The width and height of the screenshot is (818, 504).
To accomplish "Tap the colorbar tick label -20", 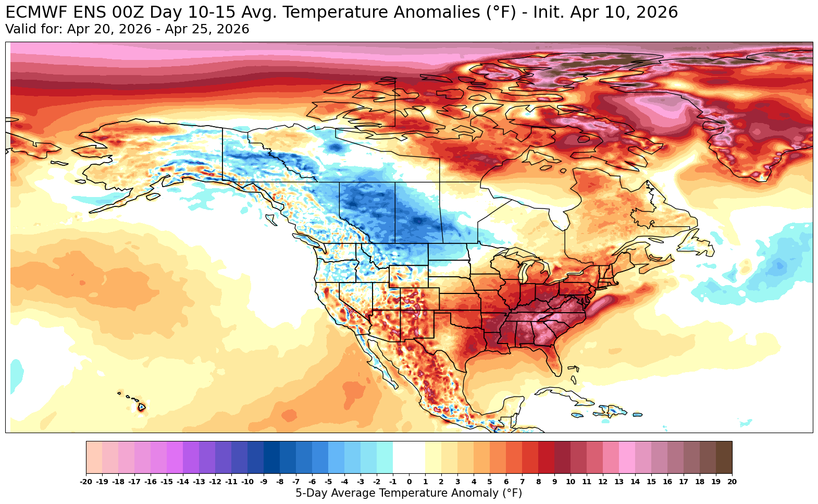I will (x=86, y=482).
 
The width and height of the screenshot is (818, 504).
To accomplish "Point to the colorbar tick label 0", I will (x=409, y=482).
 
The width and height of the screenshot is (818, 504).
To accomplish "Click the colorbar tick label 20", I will (x=732, y=482).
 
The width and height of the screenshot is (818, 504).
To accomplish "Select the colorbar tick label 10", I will (x=571, y=482).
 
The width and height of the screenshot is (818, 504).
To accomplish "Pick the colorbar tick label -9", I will (x=264, y=482).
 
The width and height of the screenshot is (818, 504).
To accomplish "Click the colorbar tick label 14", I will (x=635, y=482).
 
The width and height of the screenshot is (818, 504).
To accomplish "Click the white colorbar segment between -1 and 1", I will (x=409, y=457).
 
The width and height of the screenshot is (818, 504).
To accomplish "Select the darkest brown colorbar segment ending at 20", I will (x=724, y=457).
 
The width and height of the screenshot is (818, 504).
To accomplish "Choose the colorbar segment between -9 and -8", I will (x=271, y=457).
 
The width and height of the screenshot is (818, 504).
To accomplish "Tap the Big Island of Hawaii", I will (x=141, y=407).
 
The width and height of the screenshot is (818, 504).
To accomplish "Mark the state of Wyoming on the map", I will (x=408, y=276).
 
